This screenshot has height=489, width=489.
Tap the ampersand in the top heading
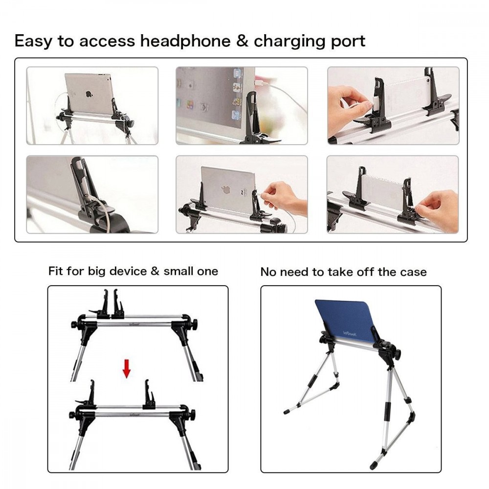[x=242, y=41]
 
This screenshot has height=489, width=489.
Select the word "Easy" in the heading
[x=33, y=41]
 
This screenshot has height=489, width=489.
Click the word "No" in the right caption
[x=267, y=272]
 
